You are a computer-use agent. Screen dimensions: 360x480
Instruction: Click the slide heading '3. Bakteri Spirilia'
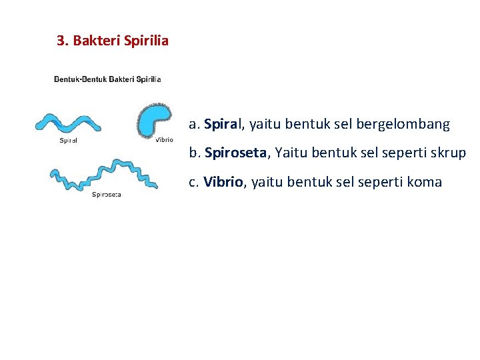[x=113, y=41]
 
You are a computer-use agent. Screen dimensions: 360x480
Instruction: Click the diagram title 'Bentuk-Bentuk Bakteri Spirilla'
[x=107, y=79]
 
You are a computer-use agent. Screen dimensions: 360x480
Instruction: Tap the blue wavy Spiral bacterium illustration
[x=67, y=123]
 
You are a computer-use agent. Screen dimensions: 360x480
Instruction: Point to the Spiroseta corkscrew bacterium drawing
[x=104, y=174]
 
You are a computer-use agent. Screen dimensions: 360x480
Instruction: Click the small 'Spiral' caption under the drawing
[x=69, y=141]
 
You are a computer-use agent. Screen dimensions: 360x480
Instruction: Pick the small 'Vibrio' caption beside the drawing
[x=164, y=140]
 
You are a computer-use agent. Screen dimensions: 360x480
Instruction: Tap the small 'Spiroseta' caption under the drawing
[x=107, y=195]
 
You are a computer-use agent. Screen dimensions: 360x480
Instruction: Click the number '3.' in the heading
[x=63, y=41]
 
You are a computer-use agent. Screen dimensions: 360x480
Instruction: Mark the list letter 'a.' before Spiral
[x=195, y=125]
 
